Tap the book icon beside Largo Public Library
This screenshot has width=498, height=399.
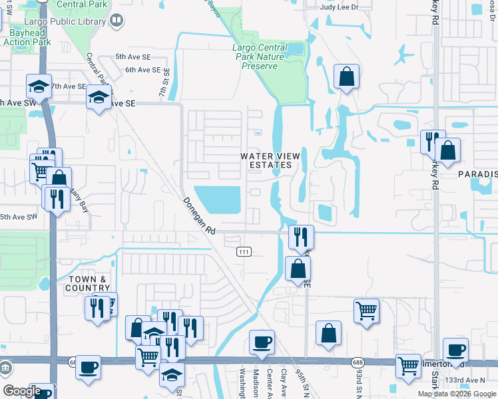pyautogui.click(x=117, y=21)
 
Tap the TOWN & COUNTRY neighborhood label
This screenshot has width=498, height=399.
pyautogui.click(x=87, y=283)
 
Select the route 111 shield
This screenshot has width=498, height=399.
pyautogui.click(x=244, y=251)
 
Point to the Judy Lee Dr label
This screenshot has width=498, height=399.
pyautogui.click(x=339, y=7)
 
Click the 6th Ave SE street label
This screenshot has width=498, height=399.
pyautogui.click(x=143, y=70)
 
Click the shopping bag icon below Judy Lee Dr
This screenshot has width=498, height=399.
pyautogui.click(x=347, y=76)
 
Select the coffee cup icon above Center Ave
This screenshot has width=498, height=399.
pyautogui.click(x=262, y=342)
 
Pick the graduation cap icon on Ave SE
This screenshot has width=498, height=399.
pyautogui.click(x=99, y=98)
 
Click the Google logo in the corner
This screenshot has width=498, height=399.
pyautogui.click(x=22, y=391)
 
